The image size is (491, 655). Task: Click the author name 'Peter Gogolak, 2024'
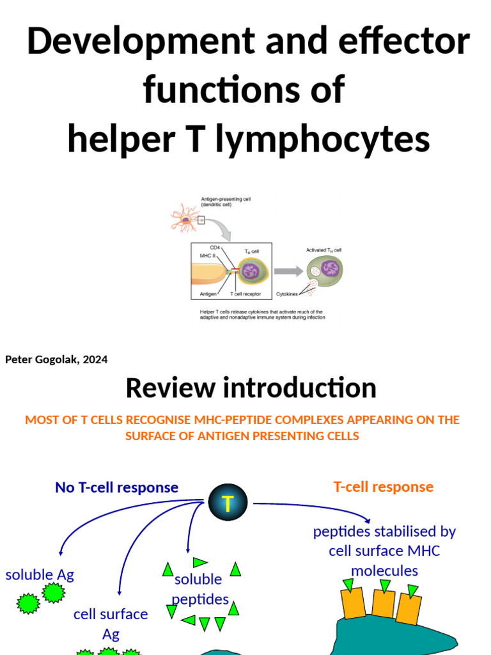56,359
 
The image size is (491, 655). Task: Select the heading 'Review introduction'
251,388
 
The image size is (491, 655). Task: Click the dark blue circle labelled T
228,503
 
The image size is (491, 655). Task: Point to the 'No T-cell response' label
116,487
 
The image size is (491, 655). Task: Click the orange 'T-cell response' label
383,487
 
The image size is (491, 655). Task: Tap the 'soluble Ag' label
40,574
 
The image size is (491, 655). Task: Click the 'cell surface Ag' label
111,624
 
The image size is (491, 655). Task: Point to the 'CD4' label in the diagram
215,247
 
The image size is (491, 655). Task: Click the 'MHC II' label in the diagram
206,255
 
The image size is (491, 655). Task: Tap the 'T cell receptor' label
245,294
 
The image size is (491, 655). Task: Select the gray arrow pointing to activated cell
288,271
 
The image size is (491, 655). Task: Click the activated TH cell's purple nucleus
329,268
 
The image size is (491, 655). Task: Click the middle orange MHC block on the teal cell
383,604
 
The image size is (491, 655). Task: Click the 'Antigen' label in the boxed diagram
208,294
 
